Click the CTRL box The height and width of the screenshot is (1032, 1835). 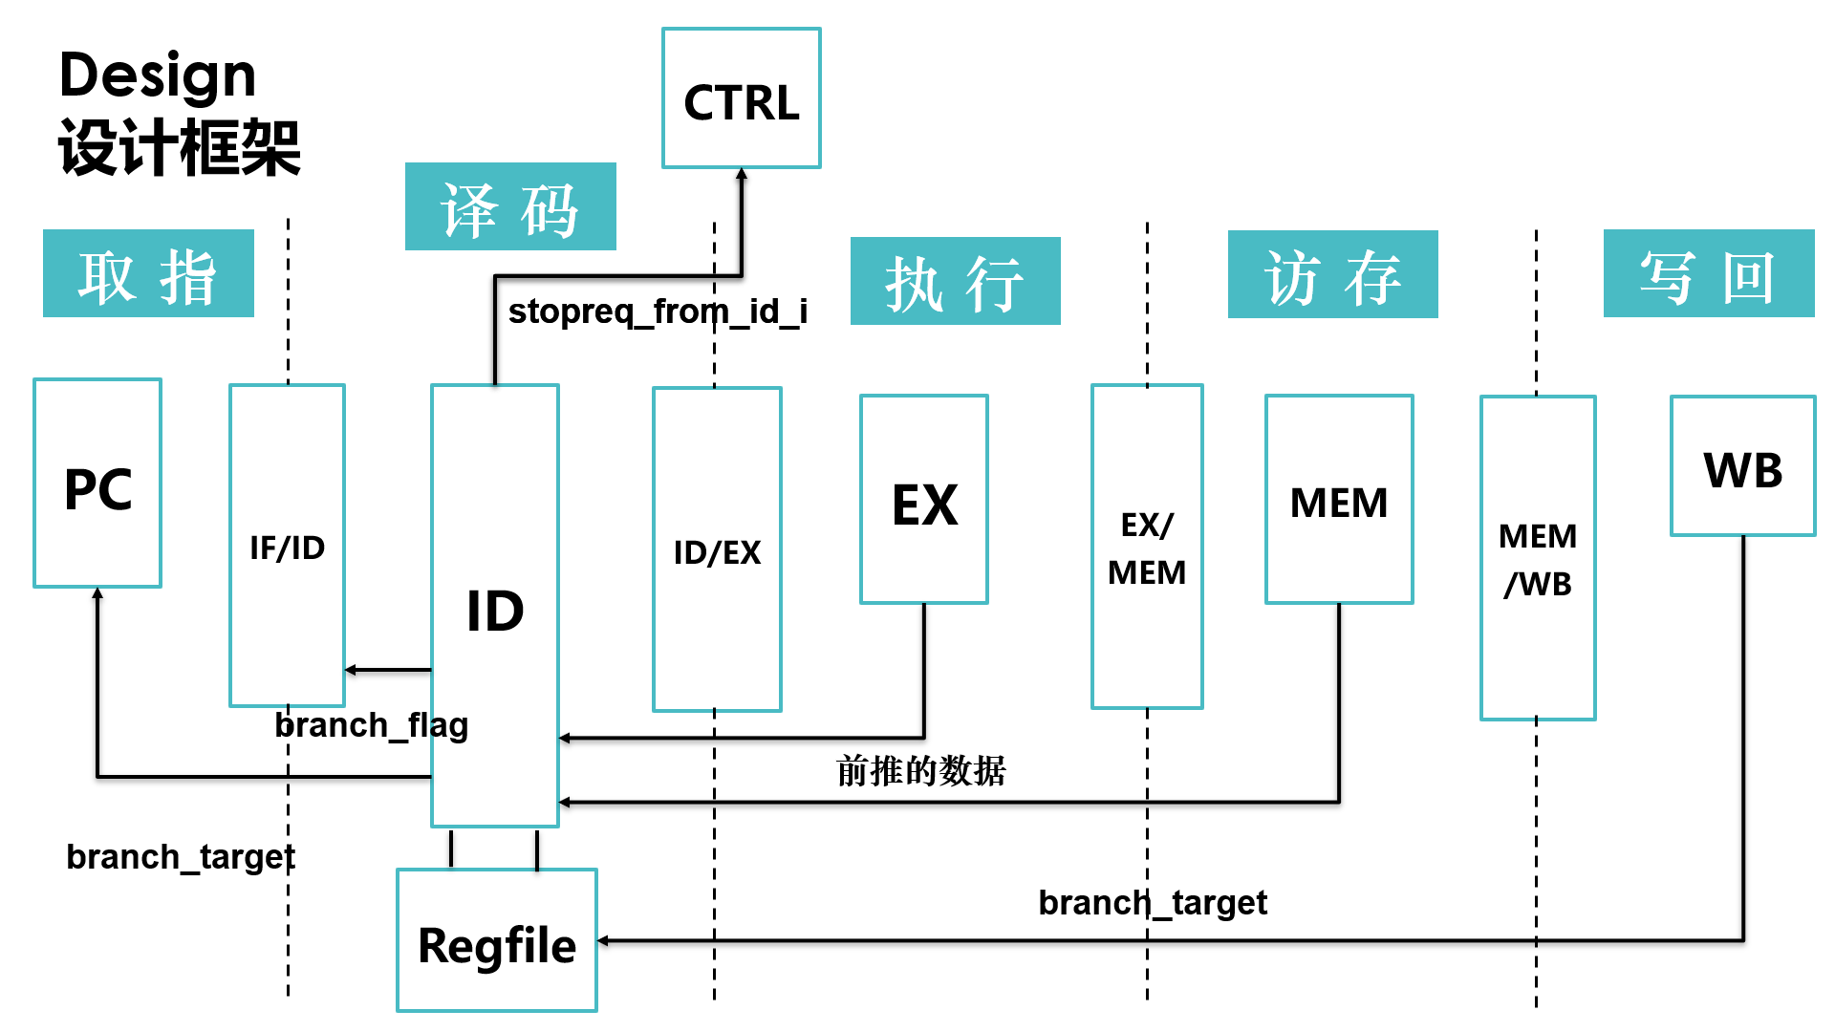[741, 99]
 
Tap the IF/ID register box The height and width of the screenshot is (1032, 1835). [287, 546]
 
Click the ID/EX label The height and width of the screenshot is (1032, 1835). [717, 552]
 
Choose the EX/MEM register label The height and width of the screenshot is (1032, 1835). [1147, 548]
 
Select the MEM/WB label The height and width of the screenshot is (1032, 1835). [1537, 559]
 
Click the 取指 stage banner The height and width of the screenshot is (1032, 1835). [148, 274]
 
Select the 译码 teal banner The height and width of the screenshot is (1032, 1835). [510, 207]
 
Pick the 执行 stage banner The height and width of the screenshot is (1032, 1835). [955, 282]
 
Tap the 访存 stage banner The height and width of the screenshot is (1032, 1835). [1332, 275]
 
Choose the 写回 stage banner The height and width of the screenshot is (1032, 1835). [1708, 274]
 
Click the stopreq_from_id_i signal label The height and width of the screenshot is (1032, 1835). [658, 312]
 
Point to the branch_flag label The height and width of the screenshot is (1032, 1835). [371, 725]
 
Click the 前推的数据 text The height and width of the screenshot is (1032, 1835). [920, 770]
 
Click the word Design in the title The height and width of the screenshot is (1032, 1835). [158, 76]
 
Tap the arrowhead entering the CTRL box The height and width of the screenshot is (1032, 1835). [742, 174]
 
